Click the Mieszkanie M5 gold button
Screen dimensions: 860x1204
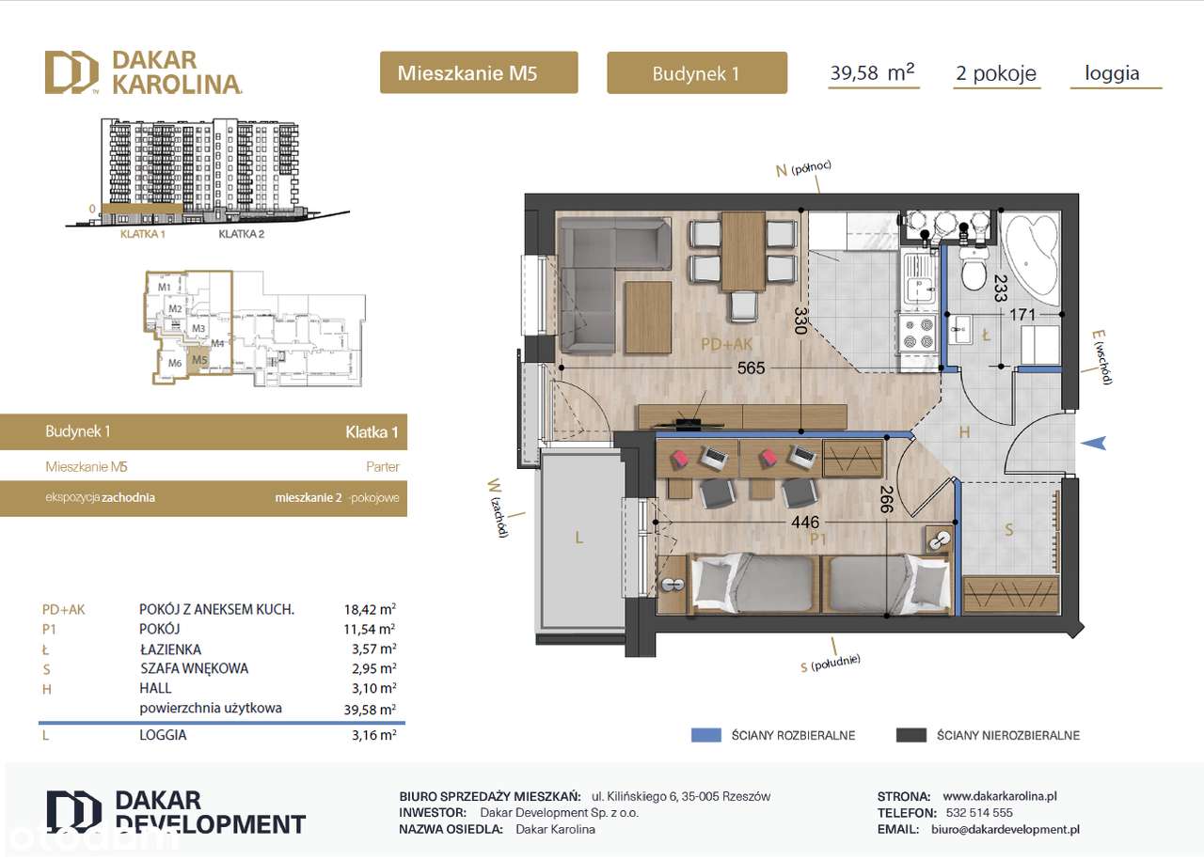(479, 73)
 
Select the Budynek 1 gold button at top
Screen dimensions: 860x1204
(696, 73)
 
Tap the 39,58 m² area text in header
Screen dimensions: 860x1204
(872, 73)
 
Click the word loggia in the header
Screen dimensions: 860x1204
(1112, 73)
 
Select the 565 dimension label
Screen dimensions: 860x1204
(751, 368)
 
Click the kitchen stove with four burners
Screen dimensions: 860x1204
(918, 333)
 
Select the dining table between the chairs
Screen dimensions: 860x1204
(743, 251)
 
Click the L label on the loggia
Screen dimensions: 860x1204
(579, 539)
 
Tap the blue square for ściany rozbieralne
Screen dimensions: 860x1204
(705, 735)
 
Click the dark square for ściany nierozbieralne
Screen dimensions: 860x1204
(911, 735)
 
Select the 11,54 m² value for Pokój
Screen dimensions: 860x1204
(370, 629)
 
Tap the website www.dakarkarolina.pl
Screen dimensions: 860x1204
(999, 795)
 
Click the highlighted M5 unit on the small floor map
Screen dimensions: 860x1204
(198, 360)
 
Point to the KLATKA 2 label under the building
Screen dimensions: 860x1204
(241, 235)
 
